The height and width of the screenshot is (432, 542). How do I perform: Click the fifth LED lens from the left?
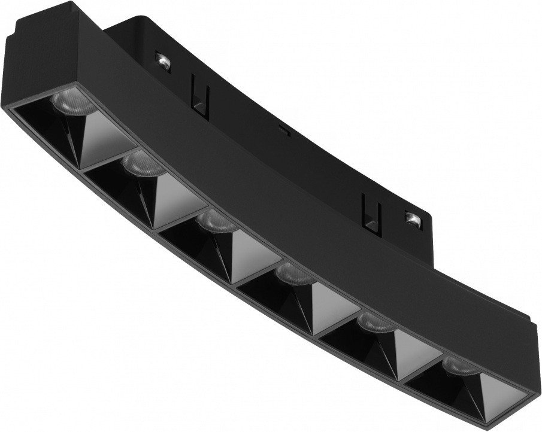click(x=374, y=323)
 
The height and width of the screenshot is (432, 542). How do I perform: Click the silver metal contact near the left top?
click(x=161, y=60)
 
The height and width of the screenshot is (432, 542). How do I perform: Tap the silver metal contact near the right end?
click(x=412, y=218)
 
